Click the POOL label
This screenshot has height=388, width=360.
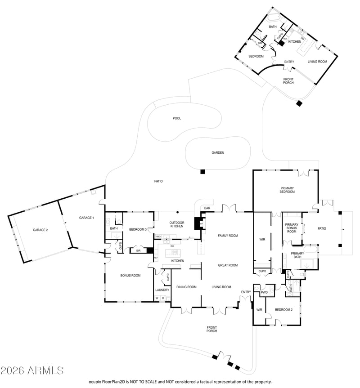177,118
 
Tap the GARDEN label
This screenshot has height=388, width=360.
218,153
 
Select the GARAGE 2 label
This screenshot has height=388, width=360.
40,230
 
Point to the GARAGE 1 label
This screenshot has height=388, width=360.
86,218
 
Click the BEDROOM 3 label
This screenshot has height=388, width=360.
138,229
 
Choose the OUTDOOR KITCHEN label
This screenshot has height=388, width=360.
176,224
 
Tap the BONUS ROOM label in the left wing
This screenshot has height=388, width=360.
130,275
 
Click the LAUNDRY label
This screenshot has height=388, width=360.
162,290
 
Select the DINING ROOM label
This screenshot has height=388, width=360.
186,287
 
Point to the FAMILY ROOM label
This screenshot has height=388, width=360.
228,236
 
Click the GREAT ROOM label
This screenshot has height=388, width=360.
228,265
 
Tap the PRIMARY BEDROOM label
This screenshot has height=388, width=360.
287,190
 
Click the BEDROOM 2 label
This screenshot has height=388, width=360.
284,310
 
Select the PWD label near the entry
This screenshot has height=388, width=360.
264,292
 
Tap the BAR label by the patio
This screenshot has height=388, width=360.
207,208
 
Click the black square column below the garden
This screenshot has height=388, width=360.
203,171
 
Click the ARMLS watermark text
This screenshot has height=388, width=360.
32,370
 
